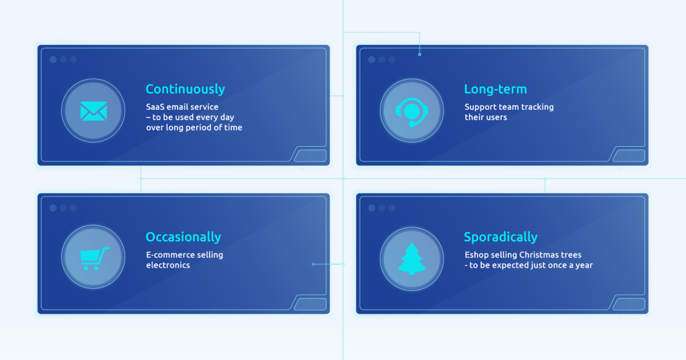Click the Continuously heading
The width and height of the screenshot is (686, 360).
(x=185, y=89)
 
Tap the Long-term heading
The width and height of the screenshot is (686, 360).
(x=495, y=89)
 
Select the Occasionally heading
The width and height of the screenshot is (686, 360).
(x=184, y=237)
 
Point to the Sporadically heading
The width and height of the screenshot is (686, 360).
(x=500, y=237)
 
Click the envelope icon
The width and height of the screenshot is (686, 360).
(x=94, y=111)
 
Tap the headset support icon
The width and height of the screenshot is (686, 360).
(x=412, y=112)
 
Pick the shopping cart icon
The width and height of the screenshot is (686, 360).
(x=94, y=258)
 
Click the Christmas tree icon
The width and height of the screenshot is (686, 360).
(x=412, y=259)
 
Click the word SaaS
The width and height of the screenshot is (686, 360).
(x=155, y=107)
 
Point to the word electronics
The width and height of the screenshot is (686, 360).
(x=168, y=265)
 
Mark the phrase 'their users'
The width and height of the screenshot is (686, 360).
(x=486, y=117)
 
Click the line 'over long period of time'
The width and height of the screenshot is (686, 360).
(x=194, y=127)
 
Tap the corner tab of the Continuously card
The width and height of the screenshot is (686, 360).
(x=311, y=156)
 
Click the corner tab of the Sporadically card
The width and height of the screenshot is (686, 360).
(x=629, y=304)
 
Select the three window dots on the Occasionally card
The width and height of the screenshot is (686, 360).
(x=63, y=208)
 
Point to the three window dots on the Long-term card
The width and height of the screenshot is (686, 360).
(x=381, y=60)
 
